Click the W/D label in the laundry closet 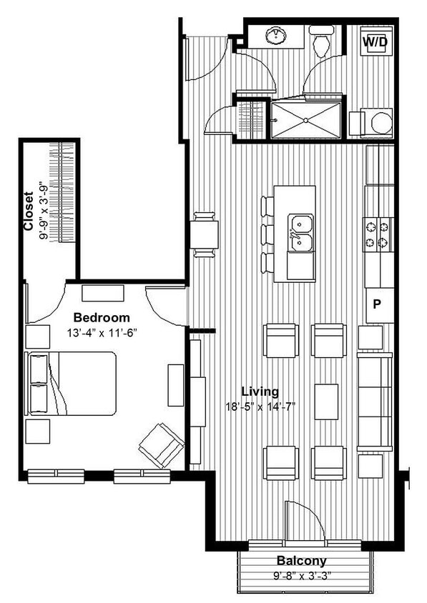[375, 42]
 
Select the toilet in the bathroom [322, 42]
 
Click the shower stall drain [307, 119]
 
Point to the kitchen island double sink [300, 233]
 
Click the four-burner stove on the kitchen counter [378, 235]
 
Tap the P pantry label [377, 303]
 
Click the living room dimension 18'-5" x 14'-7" [258, 407]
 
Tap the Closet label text [29, 211]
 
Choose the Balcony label [302, 561]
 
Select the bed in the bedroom [72, 383]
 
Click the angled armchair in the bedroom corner [162, 444]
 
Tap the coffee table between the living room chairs [326, 402]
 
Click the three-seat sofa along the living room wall [375, 401]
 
